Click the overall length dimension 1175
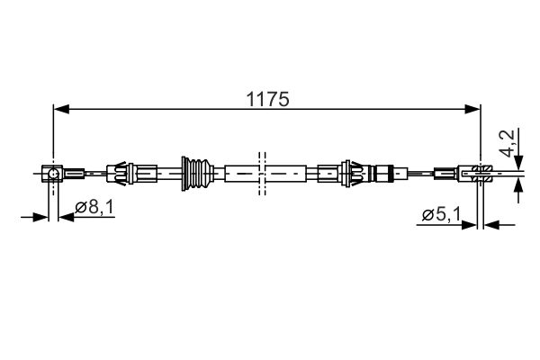point(268,99)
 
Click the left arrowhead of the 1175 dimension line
point(60,110)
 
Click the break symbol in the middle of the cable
point(262,171)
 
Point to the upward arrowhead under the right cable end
point(518,185)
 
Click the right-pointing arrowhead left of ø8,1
point(41,216)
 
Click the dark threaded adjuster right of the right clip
point(384,171)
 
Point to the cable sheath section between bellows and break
point(238,171)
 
